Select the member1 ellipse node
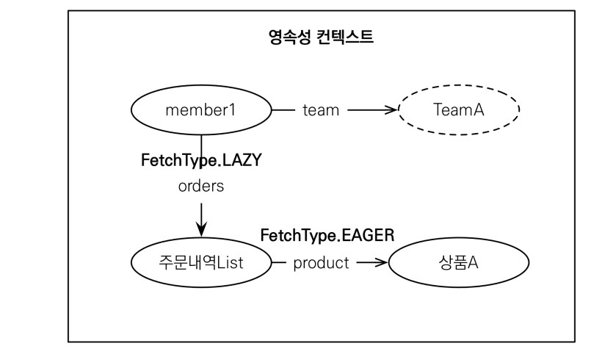(x=201, y=111)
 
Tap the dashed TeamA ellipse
(x=457, y=111)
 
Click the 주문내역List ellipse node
(x=200, y=262)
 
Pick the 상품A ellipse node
(x=457, y=262)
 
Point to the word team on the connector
(x=321, y=111)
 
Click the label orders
(x=200, y=187)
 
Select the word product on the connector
(x=321, y=263)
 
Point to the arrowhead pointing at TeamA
(x=390, y=111)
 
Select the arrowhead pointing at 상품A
(x=380, y=262)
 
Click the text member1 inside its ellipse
(x=201, y=111)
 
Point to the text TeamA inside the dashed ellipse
(x=457, y=111)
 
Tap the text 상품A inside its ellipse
(x=457, y=262)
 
